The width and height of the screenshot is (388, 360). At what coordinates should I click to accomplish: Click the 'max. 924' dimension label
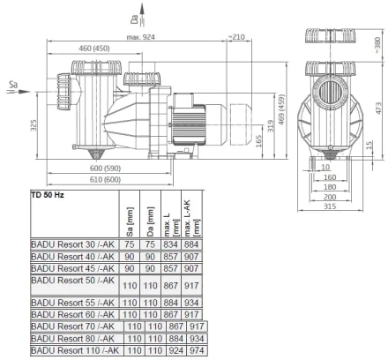(x=140, y=37)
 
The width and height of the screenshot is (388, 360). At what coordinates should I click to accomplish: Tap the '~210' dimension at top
(x=236, y=37)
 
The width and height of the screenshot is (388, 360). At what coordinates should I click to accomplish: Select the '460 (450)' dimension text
(x=94, y=49)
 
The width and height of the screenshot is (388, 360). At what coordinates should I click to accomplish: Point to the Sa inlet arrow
(x=19, y=92)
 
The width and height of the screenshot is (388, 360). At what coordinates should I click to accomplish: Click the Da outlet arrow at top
(x=142, y=15)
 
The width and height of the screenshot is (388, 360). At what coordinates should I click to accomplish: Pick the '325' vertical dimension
(x=34, y=125)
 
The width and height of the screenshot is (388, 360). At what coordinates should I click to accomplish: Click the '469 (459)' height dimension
(x=281, y=109)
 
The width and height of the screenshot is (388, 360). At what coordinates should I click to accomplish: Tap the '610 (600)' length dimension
(x=105, y=179)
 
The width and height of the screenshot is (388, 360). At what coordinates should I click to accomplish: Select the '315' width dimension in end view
(x=330, y=206)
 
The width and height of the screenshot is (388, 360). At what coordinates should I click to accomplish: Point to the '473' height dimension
(x=378, y=109)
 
